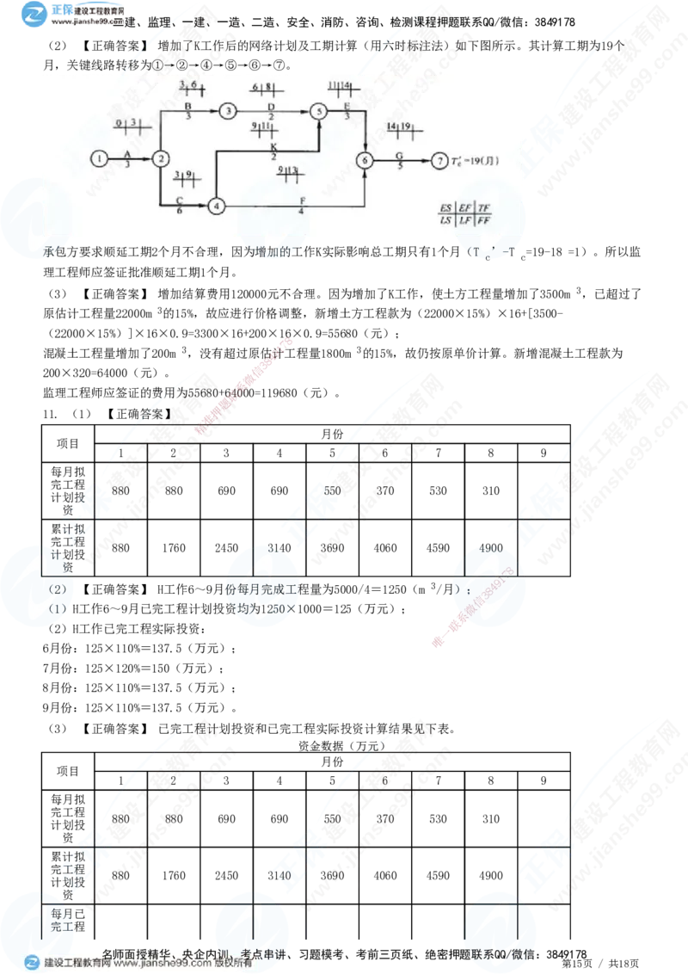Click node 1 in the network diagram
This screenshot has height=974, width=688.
point(101,158)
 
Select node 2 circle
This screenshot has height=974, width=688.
point(160,158)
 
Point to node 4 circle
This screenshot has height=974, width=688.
point(216,206)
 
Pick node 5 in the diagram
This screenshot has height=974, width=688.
point(319,111)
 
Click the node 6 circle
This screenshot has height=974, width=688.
point(366,160)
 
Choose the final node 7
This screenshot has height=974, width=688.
point(439,160)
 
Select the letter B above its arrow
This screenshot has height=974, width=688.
point(187,105)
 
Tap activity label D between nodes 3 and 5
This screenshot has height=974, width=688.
point(271,105)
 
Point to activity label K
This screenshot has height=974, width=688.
point(273,146)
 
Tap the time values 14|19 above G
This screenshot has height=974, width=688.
point(400,127)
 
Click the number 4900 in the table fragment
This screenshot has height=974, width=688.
point(491,548)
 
